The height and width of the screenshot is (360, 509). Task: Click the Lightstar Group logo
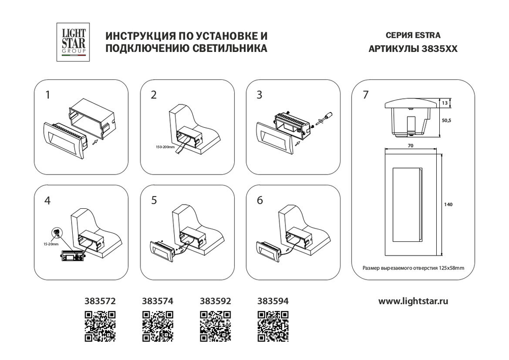[x=74, y=43]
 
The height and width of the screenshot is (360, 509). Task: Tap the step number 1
[x=48, y=95]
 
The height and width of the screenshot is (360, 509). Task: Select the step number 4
[x=48, y=200]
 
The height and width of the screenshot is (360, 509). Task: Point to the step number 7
[x=365, y=95]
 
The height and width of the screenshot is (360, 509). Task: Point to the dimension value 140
[x=448, y=204]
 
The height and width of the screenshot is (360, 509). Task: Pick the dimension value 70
[x=410, y=145]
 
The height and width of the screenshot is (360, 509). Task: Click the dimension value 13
[x=444, y=103]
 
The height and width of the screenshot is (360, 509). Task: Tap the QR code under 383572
[x=100, y=325]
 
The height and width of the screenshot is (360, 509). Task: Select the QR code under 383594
[x=273, y=325]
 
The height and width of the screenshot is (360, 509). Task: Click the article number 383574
[x=158, y=301]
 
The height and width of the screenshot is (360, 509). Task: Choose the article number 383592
[x=216, y=301]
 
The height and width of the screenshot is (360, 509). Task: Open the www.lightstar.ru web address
[x=413, y=301]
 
